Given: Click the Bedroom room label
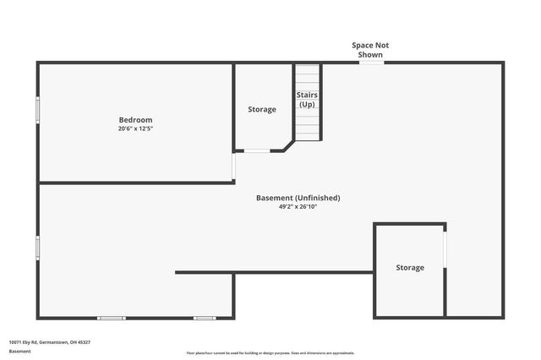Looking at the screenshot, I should tap(135, 120).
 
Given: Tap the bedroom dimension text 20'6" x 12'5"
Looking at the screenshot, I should tap(135, 129).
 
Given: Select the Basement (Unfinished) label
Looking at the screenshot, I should tap(298, 198).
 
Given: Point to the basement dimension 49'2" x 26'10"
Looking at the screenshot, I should tap(298, 206).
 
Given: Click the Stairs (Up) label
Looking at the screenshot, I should tap(306, 100).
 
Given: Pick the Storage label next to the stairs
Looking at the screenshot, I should tap(261, 109).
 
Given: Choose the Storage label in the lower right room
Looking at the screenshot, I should tap(410, 267).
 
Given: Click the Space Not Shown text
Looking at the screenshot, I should tap(370, 49).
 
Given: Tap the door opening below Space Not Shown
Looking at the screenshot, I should tap(370, 62).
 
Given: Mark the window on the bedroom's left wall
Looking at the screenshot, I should tap(37, 110).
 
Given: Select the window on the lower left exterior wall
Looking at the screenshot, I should tap(37, 247).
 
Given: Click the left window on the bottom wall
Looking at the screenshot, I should tap(111, 318).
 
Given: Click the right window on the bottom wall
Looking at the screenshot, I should tap(204, 318).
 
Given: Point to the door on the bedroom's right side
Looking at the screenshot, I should tap(233, 166).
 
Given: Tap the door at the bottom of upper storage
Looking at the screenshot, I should tap(257, 151).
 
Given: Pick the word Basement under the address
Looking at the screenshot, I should tap(19, 350).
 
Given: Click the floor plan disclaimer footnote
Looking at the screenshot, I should tap(270, 353).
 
